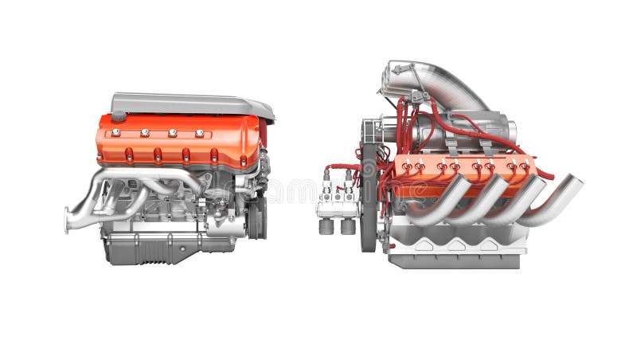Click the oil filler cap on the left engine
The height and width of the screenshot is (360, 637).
[119, 116]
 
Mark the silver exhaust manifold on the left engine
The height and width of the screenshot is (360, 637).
[119, 191]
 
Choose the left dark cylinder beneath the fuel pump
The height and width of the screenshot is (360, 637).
[326, 226]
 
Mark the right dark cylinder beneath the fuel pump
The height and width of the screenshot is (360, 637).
[348, 226]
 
